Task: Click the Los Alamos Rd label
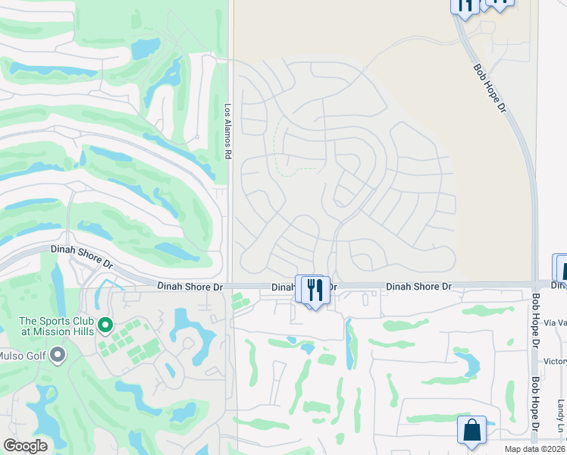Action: click(x=227, y=131)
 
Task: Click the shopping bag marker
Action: click(x=471, y=431)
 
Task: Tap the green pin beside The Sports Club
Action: click(x=105, y=326)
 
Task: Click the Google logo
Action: click(x=25, y=446)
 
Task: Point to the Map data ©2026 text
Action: click(x=535, y=449)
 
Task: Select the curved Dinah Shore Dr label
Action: click(x=81, y=256)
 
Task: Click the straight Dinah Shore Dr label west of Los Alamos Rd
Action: click(x=190, y=287)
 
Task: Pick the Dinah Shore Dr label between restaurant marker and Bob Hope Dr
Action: click(x=418, y=287)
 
